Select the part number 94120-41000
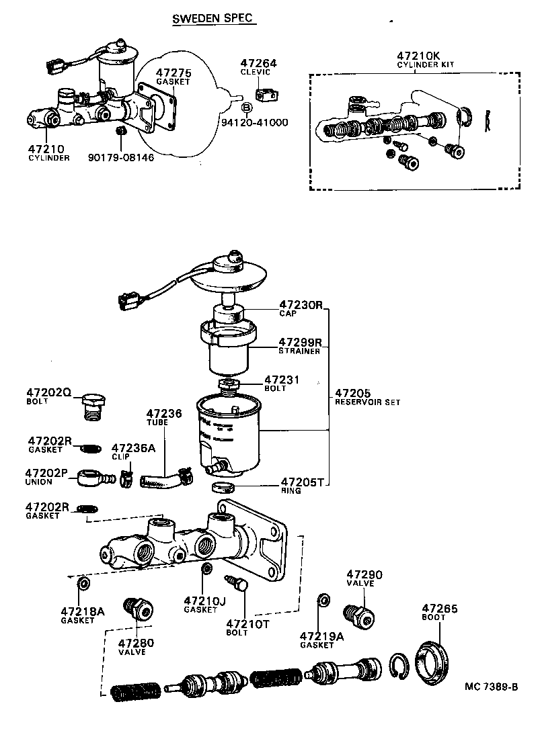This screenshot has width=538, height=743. pos(255,123)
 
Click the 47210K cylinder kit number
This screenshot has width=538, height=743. pos(416,56)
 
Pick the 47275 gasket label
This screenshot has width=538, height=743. pos(174,73)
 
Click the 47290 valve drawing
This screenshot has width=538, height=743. pos(358,616)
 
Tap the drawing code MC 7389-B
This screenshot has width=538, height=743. pos(490,687)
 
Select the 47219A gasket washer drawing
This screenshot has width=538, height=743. pos(323,599)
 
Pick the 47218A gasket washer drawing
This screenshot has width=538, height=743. pos(83,582)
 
